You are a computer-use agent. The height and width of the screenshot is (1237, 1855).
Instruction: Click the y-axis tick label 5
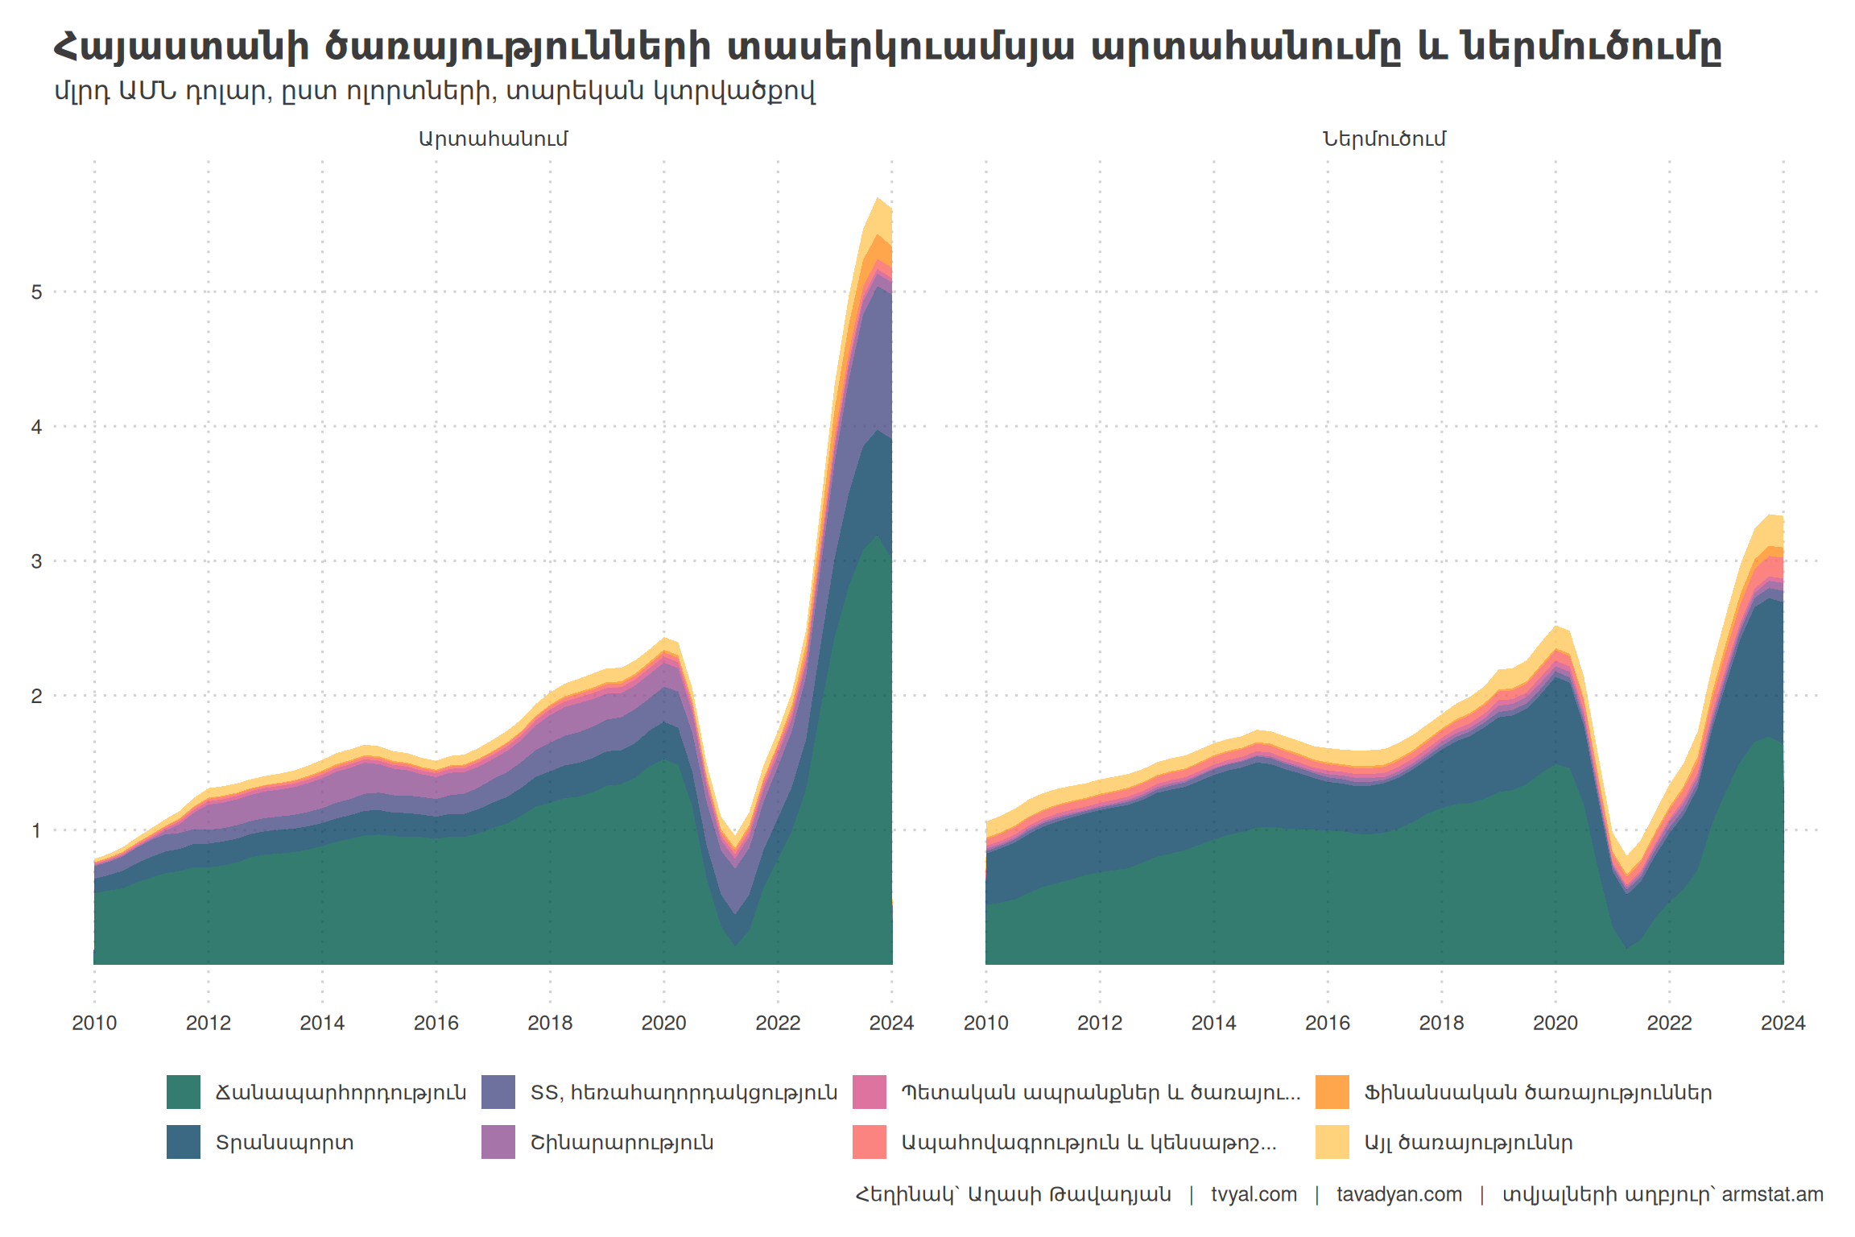point(36,292)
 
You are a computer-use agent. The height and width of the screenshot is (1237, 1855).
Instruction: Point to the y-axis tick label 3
point(36,561)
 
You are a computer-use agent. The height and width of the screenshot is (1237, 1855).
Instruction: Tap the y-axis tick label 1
point(36,830)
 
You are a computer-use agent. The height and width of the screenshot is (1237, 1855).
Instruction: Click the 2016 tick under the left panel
point(436,1023)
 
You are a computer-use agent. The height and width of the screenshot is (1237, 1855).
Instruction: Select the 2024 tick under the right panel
point(1783,1023)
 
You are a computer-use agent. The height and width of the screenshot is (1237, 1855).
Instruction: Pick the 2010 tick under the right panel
point(985,1023)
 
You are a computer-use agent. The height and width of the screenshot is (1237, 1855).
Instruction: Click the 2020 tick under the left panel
point(663,1023)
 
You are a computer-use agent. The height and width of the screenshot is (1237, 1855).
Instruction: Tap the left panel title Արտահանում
point(493,139)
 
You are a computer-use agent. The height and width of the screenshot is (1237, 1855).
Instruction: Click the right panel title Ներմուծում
point(1384,139)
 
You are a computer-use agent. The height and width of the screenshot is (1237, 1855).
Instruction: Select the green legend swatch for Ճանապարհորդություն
point(183,1092)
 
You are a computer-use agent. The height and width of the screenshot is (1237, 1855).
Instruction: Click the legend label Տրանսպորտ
point(284,1143)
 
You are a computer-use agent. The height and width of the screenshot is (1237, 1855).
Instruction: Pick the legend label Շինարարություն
point(622,1143)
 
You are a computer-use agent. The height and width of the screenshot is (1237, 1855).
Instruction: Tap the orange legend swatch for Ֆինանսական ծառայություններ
point(1332,1092)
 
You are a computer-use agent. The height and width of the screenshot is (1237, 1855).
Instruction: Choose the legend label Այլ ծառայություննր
point(1468,1143)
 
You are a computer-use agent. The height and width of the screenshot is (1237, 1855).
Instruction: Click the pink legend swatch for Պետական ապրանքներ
point(869,1092)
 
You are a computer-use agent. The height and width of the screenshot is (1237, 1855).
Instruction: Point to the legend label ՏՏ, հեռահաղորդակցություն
point(684,1093)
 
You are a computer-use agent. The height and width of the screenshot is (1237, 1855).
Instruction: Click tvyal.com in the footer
point(1254,1194)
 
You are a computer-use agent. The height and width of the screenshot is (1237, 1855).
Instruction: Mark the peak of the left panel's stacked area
point(878,198)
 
